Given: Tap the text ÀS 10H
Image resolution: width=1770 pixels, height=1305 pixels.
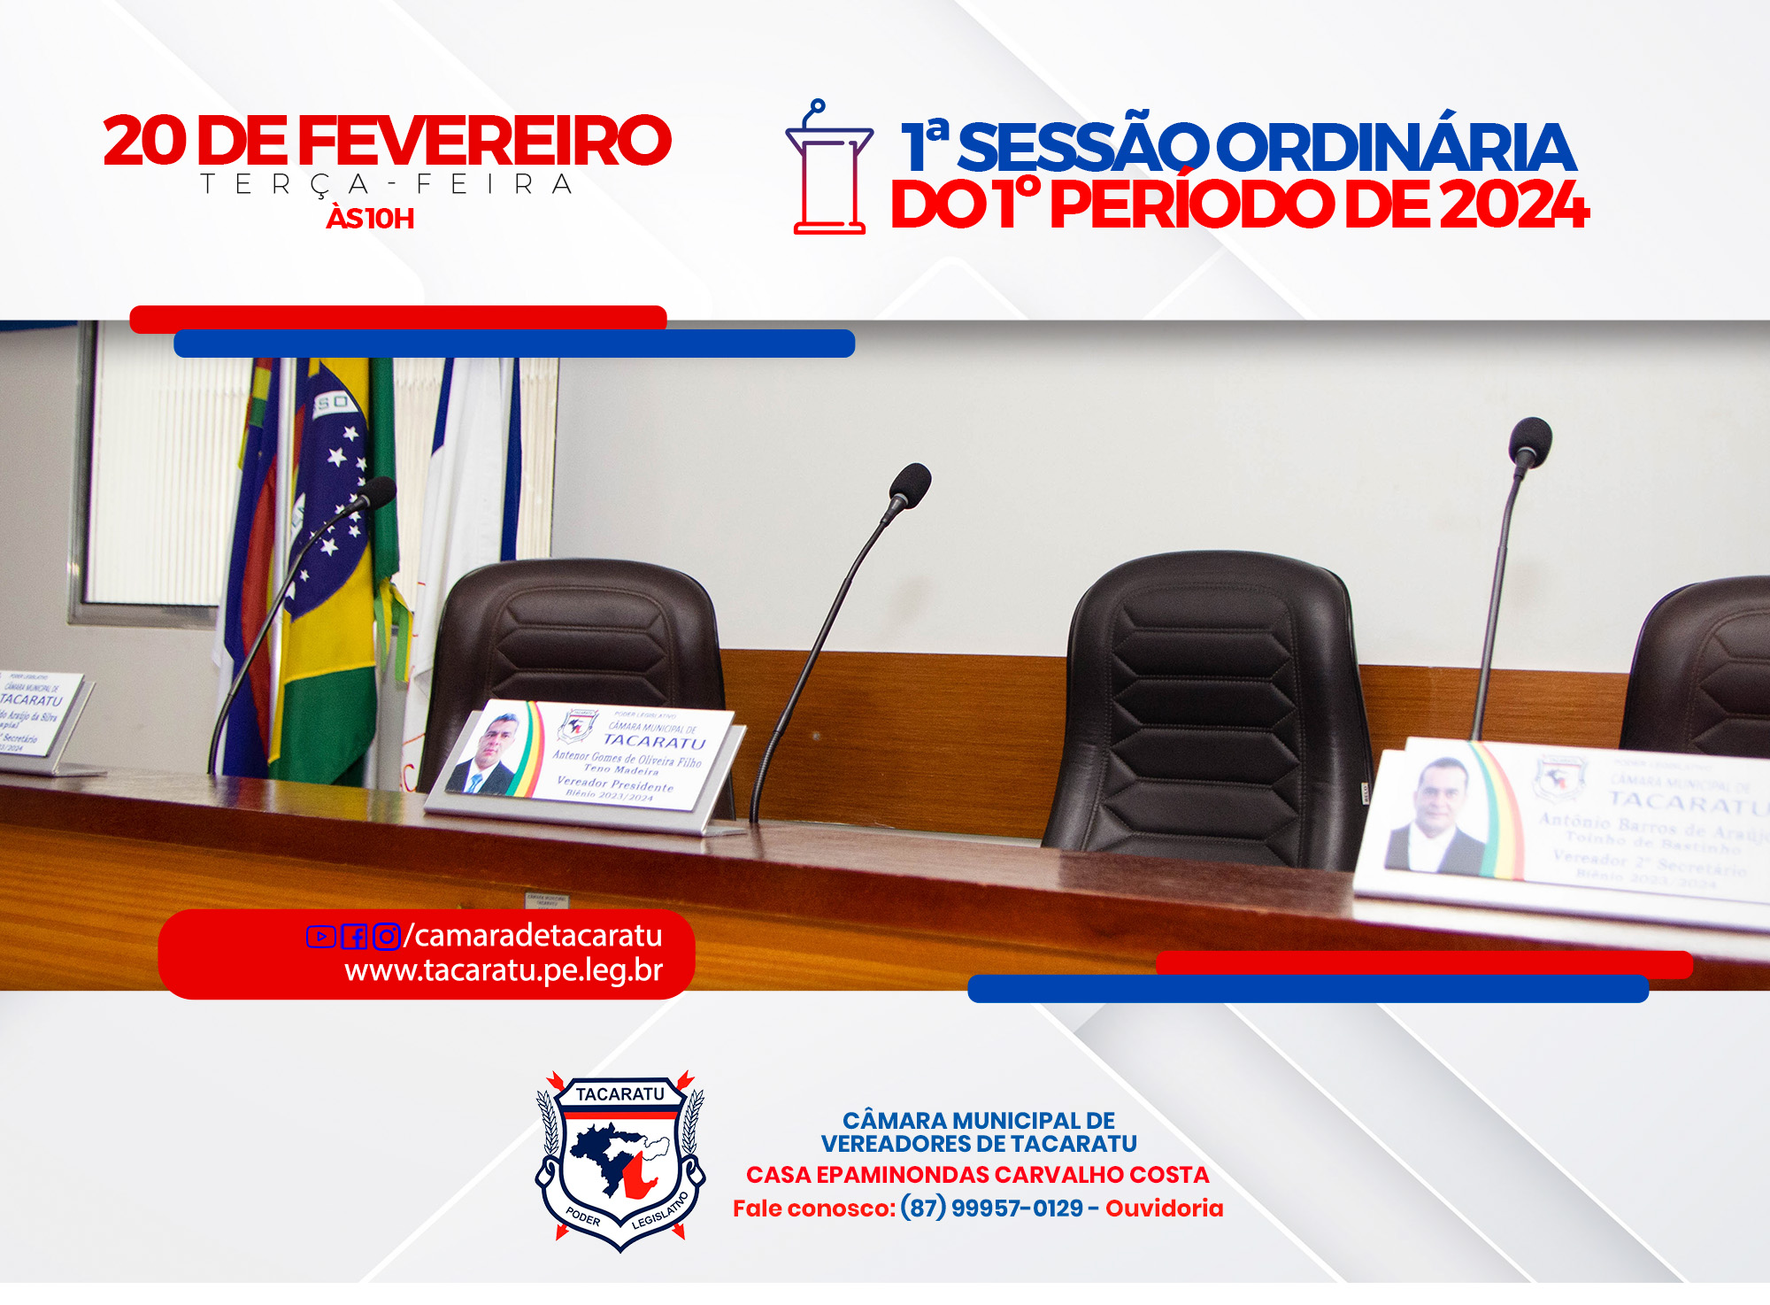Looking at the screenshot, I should click(370, 219).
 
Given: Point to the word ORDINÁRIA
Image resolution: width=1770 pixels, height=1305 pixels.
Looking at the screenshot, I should click(1397, 148).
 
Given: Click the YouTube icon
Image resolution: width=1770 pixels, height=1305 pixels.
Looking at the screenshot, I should click(320, 937).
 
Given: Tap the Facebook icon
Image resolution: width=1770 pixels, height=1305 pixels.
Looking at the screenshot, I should click(354, 937).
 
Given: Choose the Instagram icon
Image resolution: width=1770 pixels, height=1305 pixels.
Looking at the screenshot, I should click(387, 937).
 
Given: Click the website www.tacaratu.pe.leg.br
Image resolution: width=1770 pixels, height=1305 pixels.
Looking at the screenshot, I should click(504, 971).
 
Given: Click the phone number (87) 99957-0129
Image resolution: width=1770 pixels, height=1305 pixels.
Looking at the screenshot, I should click(991, 1208).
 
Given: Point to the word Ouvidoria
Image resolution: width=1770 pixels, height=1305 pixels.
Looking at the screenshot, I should click(1164, 1208).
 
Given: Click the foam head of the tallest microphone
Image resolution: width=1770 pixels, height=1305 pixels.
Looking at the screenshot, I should click(1530, 439).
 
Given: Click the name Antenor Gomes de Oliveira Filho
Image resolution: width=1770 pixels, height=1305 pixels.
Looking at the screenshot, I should click(627, 759).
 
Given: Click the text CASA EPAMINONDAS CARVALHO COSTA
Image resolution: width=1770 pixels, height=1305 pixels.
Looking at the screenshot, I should click(977, 1175).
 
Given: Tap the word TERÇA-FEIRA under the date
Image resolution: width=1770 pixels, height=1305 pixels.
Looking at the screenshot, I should click(387, 185).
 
